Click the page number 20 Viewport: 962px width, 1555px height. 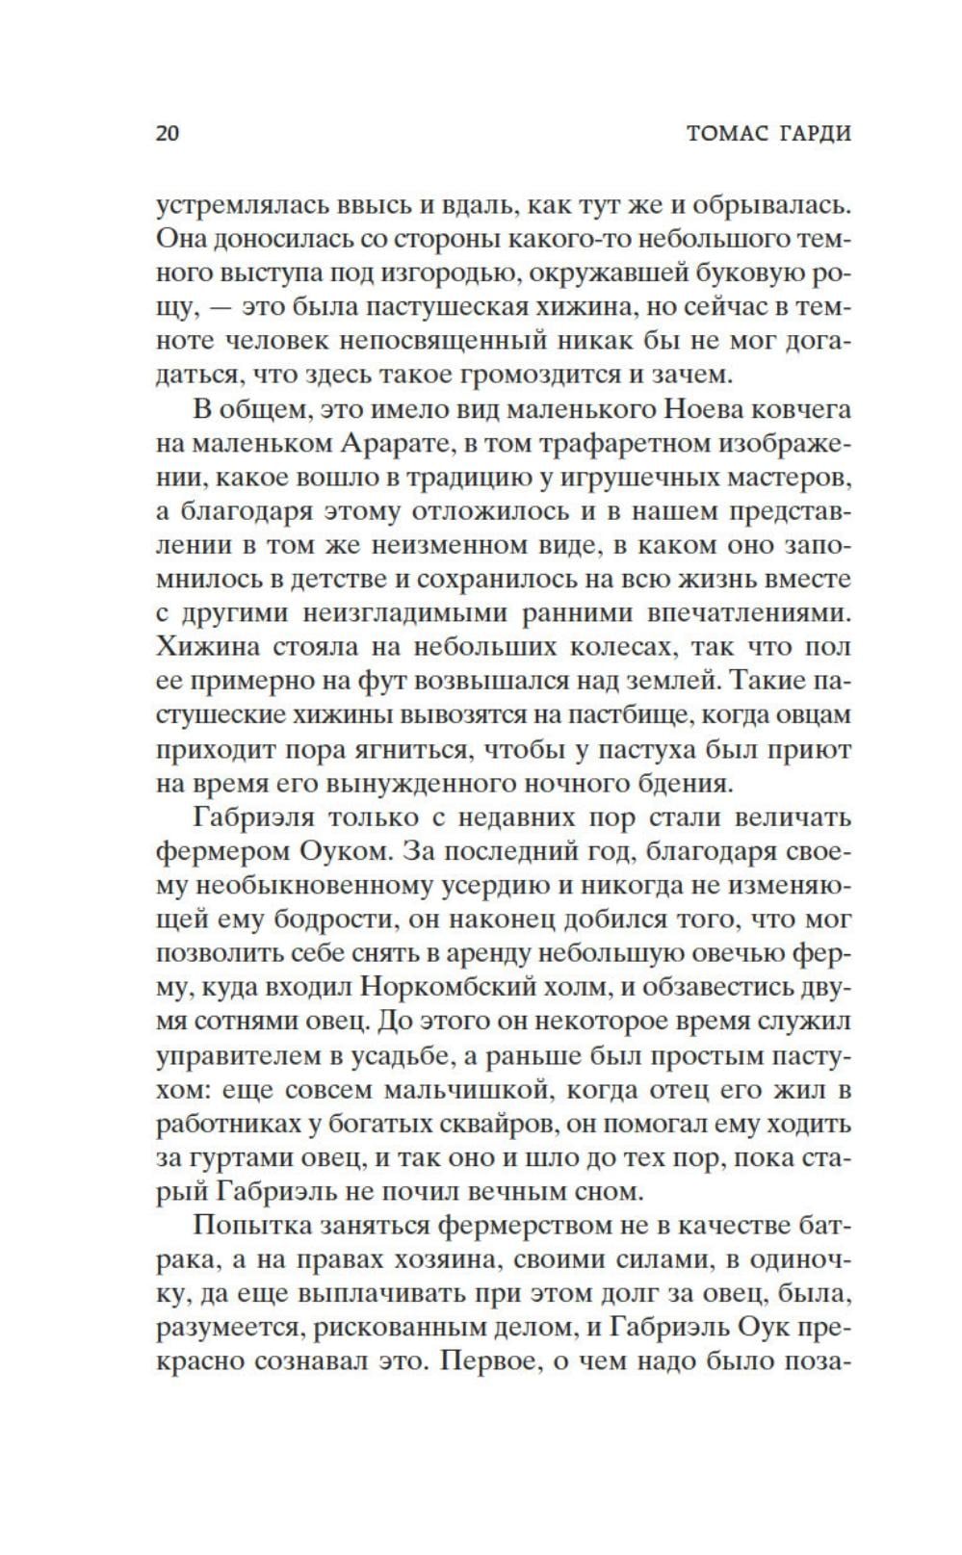point(168,133)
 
